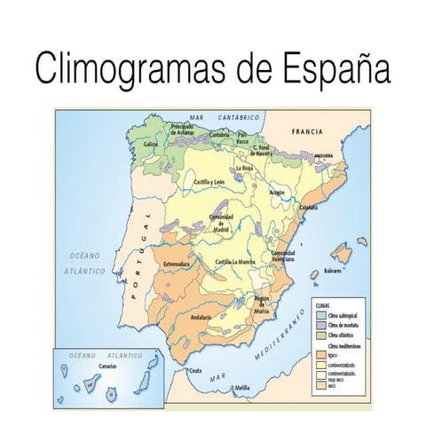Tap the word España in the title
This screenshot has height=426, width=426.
[x=335, y=68]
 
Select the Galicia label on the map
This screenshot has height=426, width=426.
[x=151, y=144]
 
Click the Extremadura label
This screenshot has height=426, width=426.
[x=177, y=264]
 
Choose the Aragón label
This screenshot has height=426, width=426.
[x=277, y=191]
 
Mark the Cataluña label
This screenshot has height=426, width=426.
[x=308, y=207]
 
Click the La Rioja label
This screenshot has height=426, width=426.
[x=245, y=167]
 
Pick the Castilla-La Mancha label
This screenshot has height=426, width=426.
[x=237, y=262]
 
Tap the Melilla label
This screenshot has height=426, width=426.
[x=241, y=388]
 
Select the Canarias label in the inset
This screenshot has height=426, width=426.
[x=107, y=365]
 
